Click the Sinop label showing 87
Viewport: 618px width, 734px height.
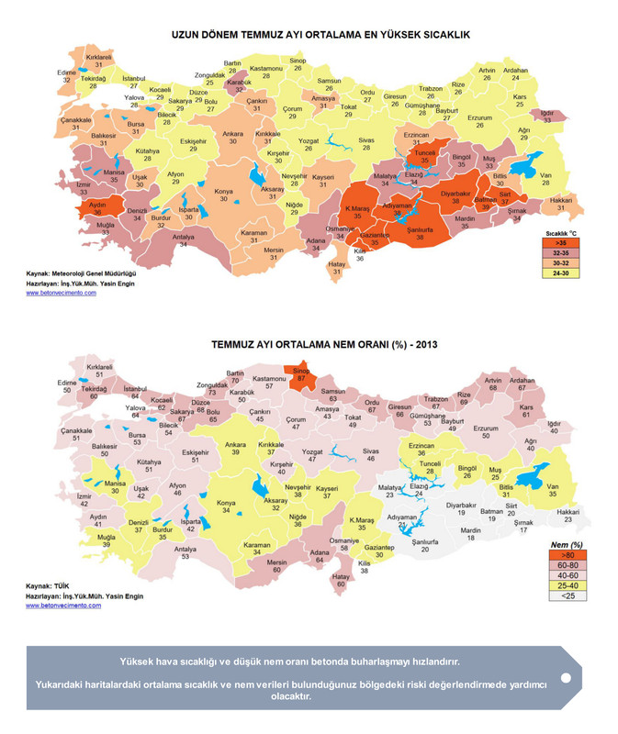[x=300, y=375]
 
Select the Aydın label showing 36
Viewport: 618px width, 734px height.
[x=98, y=208]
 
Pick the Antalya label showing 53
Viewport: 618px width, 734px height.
[x=187, y=553]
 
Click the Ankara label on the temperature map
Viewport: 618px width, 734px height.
[x=233, y=139]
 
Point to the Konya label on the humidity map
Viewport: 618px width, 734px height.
[x=224, y=506]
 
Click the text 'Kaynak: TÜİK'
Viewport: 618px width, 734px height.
[x=48, y=585]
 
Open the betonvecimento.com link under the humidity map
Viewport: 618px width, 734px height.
[x=61, y=606]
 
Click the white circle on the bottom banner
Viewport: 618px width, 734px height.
[x=566, y=677]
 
